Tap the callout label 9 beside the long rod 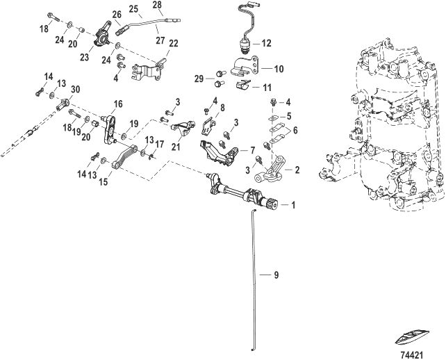click(x=276, y=276)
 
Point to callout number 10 click(x=279, y=69)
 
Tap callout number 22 click(x=173, y=43)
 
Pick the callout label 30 click(x=75, y=89)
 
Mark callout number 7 click(x=252, y=150)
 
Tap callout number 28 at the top click(x=157, y=6)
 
